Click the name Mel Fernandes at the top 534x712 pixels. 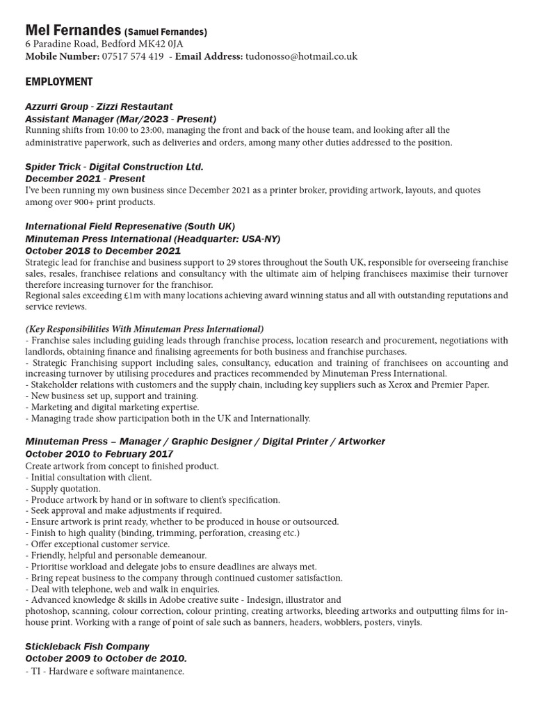[x=72, y=31]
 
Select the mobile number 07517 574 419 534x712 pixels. [x=132, y=56]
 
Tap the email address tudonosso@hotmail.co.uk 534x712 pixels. [x=300, y=56]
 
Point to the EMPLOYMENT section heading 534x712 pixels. [x=59, y=81]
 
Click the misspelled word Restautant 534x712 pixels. [x=147, y=106]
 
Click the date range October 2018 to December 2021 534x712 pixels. [x=103, y=250]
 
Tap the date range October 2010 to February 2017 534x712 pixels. [x=99, y=454]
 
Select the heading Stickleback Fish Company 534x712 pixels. [x=87, y=647]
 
